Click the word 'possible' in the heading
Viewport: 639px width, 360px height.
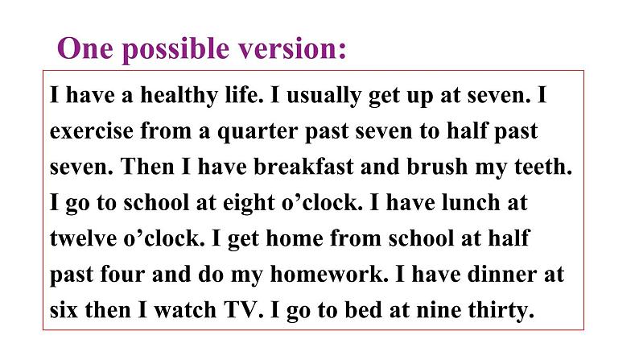(175, 50)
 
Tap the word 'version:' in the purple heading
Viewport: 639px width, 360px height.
(292, 48)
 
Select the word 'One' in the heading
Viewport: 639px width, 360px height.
(85, 48)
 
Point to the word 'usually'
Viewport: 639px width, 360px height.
(324, 96)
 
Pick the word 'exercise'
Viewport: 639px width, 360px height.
(92, 131)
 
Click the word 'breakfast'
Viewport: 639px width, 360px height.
(303, 167)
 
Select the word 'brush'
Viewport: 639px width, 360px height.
(437, 167)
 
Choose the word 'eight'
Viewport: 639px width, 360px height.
(249, 203)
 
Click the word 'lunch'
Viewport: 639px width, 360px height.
(471, 202)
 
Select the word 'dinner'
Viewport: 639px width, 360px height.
(501, 274)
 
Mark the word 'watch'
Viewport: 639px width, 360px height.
(185, 310)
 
